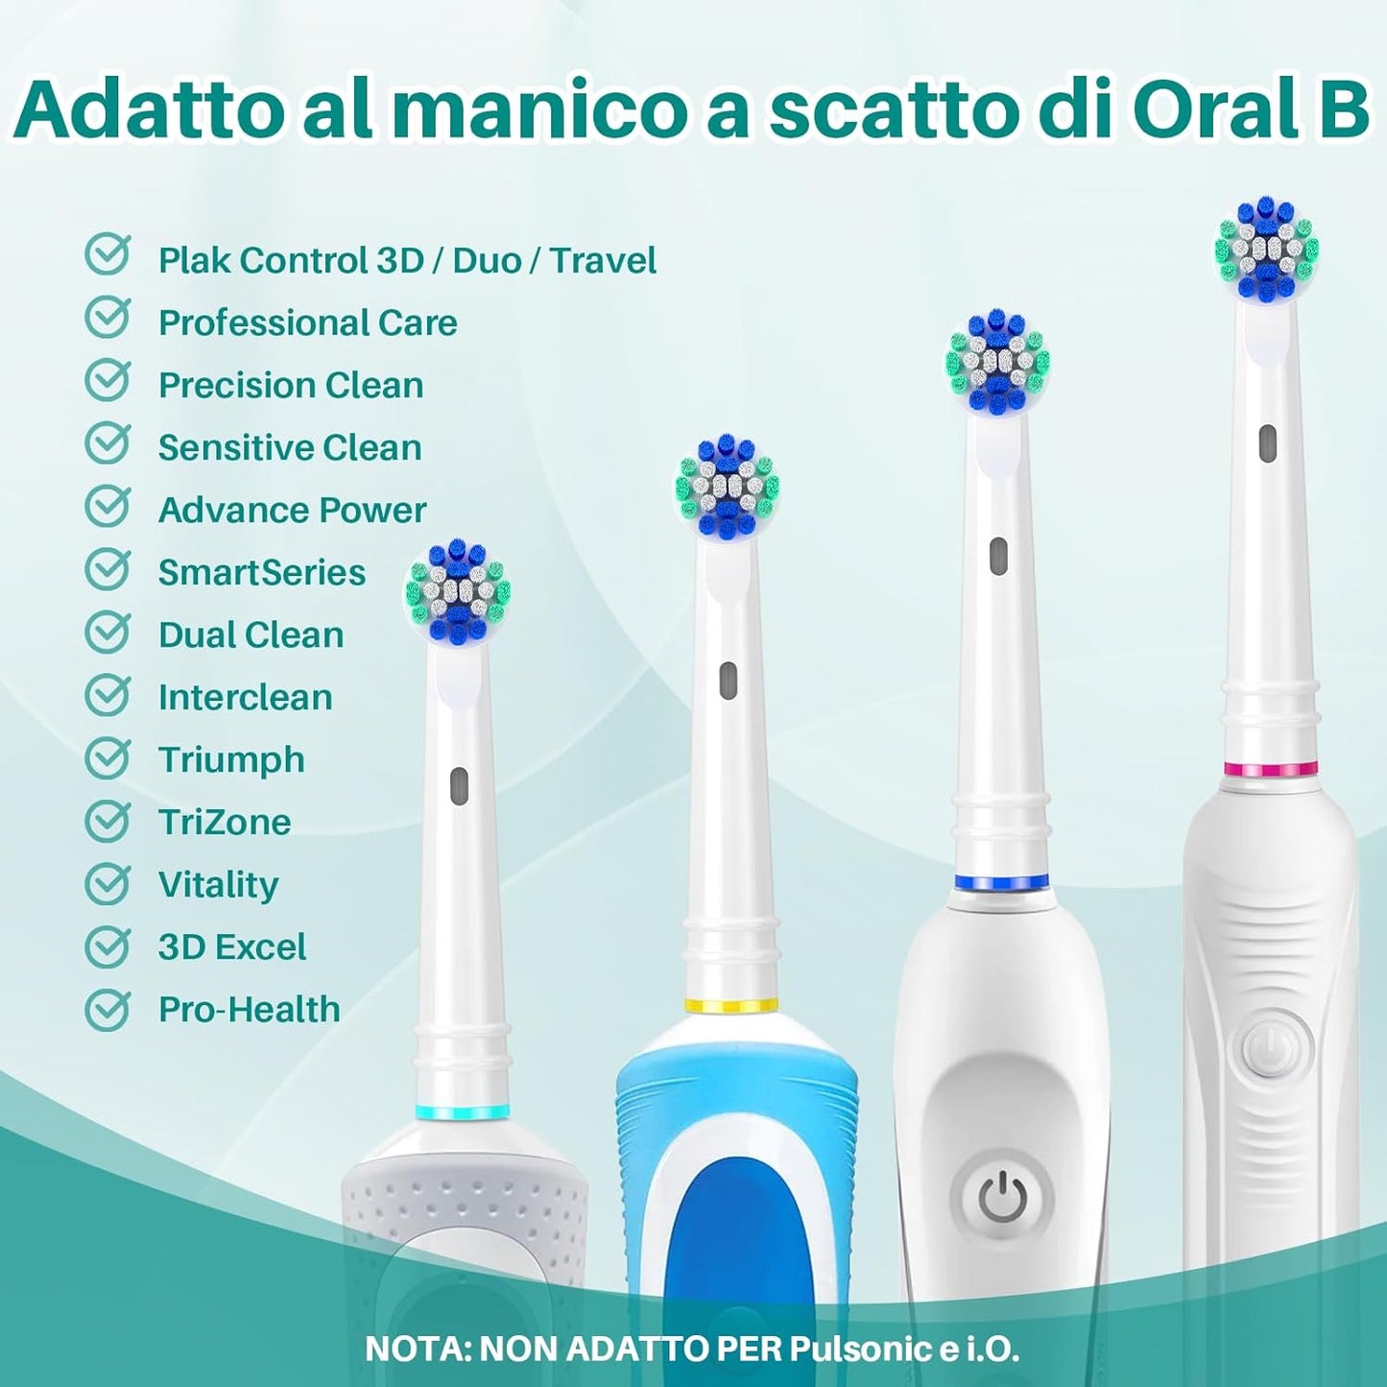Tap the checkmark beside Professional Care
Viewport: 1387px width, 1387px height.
(x=108, y=318)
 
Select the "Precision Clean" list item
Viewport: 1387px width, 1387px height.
(x=291, y=385)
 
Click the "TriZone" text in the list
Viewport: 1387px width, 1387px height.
(x=225, y=822)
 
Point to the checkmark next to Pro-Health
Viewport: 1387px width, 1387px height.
(x=108, y=1009)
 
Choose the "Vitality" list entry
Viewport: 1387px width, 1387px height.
(x=218, y=884)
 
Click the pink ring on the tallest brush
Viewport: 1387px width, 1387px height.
(x=1270, y=768)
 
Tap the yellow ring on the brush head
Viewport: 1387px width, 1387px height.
(x=729, y=1006)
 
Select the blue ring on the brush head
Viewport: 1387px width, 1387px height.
(x=1000, y=881)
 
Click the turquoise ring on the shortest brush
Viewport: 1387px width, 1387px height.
(x=464, y=1112)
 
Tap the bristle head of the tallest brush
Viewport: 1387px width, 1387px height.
(x=1266, y=250)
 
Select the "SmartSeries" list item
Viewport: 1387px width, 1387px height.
(x=262, y=572)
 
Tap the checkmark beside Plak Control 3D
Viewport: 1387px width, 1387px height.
(x=108, y=255)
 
